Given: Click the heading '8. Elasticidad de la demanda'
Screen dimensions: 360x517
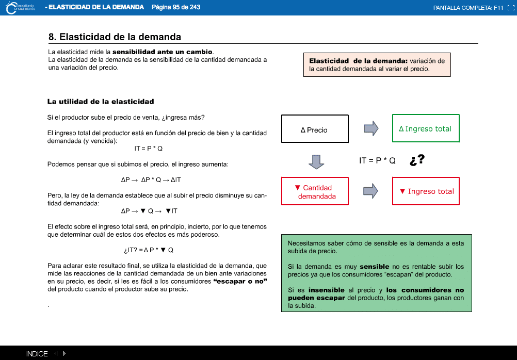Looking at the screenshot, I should point(115,37).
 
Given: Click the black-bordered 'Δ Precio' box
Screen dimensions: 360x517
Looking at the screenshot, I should point(315,129).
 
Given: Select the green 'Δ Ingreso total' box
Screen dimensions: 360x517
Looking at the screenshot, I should point(426,128).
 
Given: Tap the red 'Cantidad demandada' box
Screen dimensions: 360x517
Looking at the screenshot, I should point(315,191).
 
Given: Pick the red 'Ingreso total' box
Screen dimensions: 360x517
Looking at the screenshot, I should point(426,191).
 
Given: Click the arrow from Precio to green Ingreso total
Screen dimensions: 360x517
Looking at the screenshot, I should point(371,128).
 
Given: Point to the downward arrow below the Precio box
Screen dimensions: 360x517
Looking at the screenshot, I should point(316,161).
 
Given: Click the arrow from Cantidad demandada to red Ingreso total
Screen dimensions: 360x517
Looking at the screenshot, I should point(371,191).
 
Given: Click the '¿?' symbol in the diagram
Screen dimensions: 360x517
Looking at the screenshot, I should point(417,160).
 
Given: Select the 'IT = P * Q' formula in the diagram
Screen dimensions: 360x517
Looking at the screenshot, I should point(377,161).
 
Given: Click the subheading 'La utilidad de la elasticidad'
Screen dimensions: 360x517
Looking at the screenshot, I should point(101,102).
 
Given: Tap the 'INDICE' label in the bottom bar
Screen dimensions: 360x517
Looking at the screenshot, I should point(37,354).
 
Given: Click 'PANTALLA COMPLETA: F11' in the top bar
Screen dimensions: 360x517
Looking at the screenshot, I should point(468,8).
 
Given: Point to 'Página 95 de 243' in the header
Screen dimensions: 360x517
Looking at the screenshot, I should point(176,7).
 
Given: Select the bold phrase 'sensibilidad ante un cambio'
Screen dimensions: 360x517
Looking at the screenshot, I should point(163,52).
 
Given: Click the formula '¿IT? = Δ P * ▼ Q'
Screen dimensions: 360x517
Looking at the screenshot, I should point(149,250).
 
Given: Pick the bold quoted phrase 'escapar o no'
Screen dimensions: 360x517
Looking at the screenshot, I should point(240,281).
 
